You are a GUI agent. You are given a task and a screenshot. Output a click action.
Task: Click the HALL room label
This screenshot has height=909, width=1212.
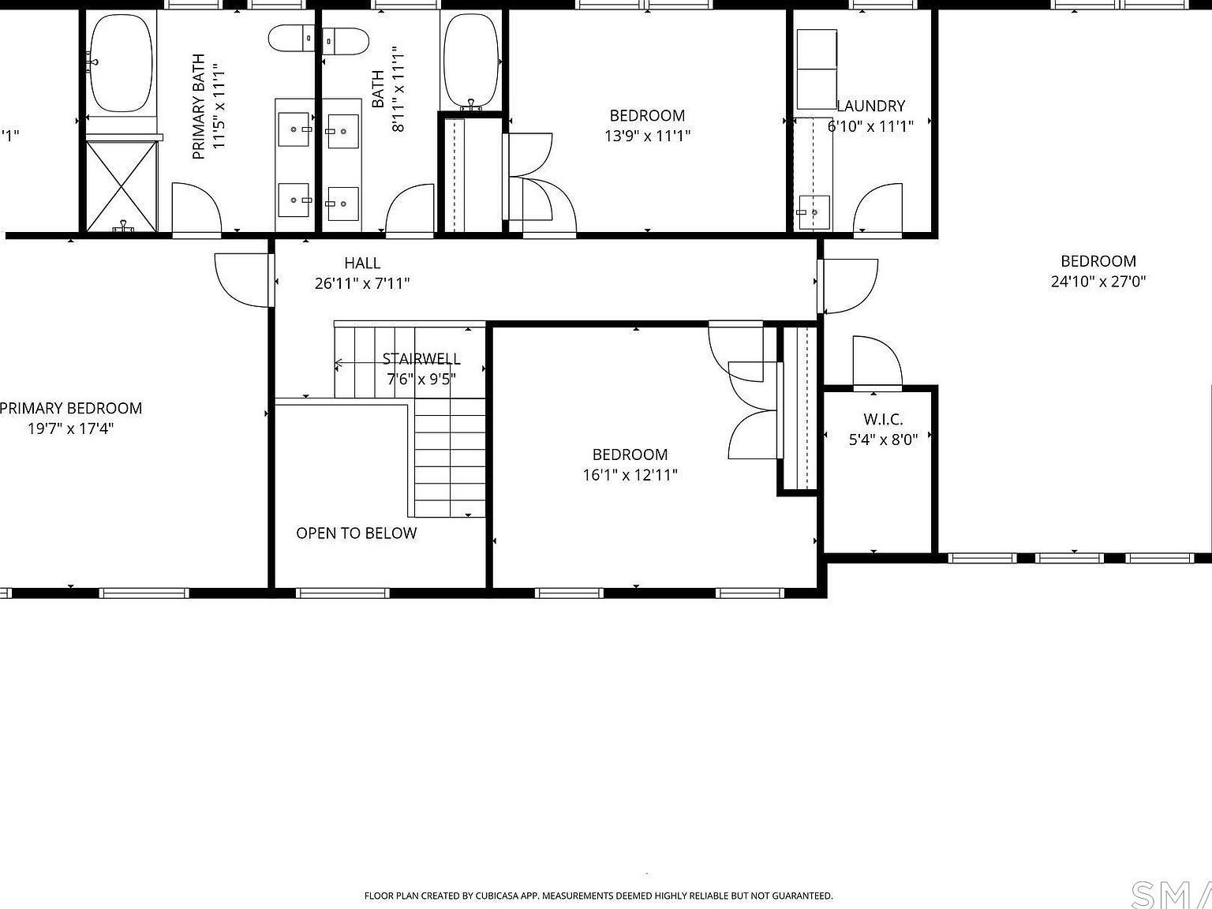tap(362, 264)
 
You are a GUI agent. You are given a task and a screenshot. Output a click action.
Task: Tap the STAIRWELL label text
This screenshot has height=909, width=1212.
tap(421, 359)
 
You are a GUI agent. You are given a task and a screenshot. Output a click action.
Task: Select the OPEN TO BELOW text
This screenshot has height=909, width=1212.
tap(356, 533)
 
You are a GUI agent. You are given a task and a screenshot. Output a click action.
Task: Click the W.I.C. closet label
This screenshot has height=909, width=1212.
tap(883, 420)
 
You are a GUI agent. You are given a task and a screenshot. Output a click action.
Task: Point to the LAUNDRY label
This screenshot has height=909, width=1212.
tap(870, 106)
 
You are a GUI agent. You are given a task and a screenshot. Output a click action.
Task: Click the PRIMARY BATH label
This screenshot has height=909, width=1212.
tap(199, 107)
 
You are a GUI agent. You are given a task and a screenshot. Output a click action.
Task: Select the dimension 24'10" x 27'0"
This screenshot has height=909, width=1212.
tap(1098, 282)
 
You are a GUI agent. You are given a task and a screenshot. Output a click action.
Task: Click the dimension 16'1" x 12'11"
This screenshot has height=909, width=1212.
tap(630, 475)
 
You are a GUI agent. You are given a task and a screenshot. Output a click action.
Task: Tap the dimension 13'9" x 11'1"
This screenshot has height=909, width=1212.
tap(647, 136)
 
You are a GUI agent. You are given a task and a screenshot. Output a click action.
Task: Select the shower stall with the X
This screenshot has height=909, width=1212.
tap(121, 186)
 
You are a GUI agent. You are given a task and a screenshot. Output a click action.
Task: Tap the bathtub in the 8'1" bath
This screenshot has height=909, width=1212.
tap(470, 61)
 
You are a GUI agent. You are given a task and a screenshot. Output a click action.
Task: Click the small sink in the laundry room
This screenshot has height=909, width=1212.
tap(813, 211)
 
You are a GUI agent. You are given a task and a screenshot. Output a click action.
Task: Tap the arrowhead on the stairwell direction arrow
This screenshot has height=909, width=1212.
tap(338, 364)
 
